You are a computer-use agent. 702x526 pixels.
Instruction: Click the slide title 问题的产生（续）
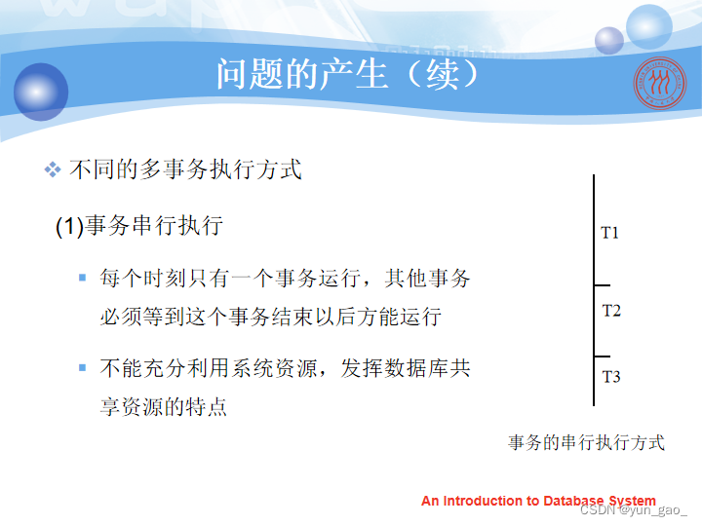tap(348, 74)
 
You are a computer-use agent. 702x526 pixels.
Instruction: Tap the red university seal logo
tap(659, 83)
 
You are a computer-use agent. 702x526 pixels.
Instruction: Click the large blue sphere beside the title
tap(41, 92)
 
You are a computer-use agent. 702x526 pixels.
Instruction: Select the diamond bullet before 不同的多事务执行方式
tap(53, 169)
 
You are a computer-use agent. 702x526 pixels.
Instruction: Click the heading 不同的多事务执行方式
tap(186, 169)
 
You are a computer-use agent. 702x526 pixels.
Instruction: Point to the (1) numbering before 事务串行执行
tap(70, 226)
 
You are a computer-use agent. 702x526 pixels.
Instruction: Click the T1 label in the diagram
tap(609, 233)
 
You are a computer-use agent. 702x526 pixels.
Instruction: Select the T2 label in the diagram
tap(611, 311)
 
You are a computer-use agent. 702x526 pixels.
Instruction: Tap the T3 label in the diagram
tap(611, 377)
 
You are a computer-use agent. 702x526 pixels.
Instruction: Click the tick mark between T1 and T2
tap(603, 284)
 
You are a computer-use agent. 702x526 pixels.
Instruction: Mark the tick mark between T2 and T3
tap(603, 357)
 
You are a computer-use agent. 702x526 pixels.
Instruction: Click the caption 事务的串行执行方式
tap(587, 442)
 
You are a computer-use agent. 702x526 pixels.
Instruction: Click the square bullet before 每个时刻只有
tap(82, 278)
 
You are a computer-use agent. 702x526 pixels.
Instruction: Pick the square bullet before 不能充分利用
tap(82, 367)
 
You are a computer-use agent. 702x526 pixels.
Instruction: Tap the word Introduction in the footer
tap(484, 501)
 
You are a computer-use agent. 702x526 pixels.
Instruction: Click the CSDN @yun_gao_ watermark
tap(634, 510)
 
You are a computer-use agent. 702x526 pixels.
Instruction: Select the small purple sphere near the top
tap(608, 41)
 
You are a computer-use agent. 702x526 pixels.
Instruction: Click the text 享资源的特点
tap(164, 406)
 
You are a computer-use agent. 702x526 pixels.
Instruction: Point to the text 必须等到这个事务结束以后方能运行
tap(271, 317)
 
